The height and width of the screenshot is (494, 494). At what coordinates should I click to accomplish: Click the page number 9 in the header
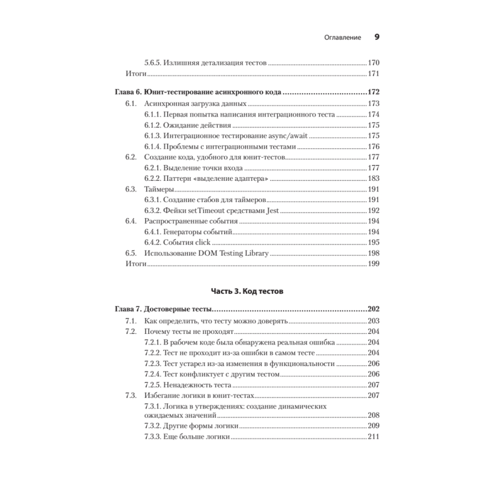pyautogui.click(x=376, y=37)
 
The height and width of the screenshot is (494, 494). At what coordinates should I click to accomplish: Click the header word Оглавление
pyautogui.click(x=342, y=38)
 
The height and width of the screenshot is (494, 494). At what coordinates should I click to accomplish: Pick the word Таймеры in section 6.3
pyautogui.click(x=159, y=189)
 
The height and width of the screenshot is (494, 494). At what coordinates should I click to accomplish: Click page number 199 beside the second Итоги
pyautogui.click(x=373, y=264)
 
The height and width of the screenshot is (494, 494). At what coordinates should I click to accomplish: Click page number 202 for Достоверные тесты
pyautogui.click(x=373, y=310)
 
